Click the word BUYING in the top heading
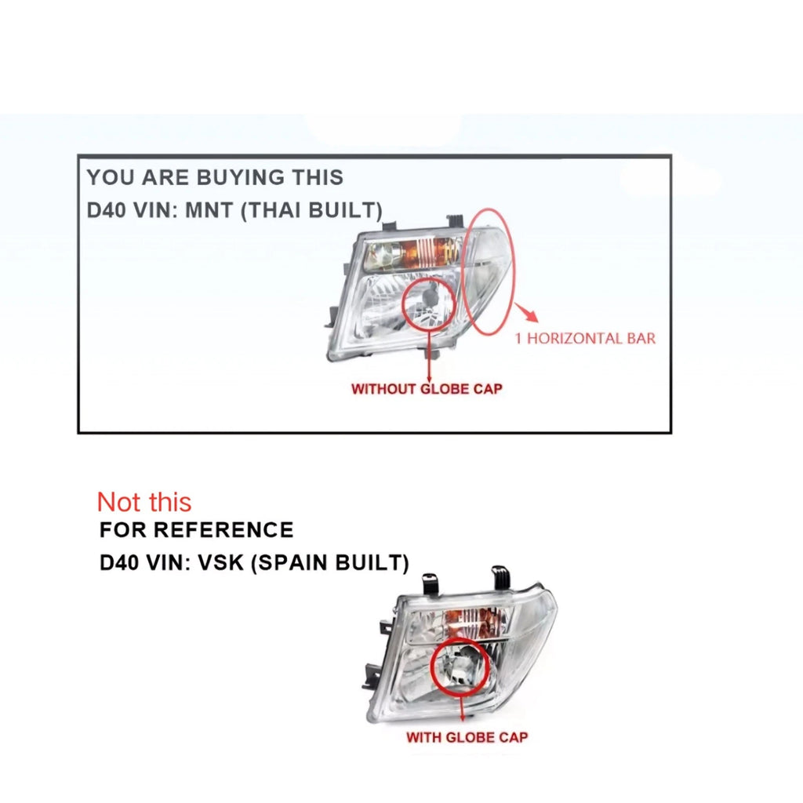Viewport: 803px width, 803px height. click(x=240, y=178)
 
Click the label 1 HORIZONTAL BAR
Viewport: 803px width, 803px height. click(x=585, y=339)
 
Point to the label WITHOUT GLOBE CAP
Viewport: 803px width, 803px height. click(x=427, y=389)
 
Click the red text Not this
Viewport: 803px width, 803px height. click(x=144, y=502)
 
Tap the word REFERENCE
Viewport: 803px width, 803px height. click(x=223, y=530)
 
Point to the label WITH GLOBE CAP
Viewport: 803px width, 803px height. click(x=467, y=737)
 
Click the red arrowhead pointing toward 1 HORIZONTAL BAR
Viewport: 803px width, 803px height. click(x=531, y=314)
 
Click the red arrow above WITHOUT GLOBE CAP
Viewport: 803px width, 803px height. click(x=429, y=355)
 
